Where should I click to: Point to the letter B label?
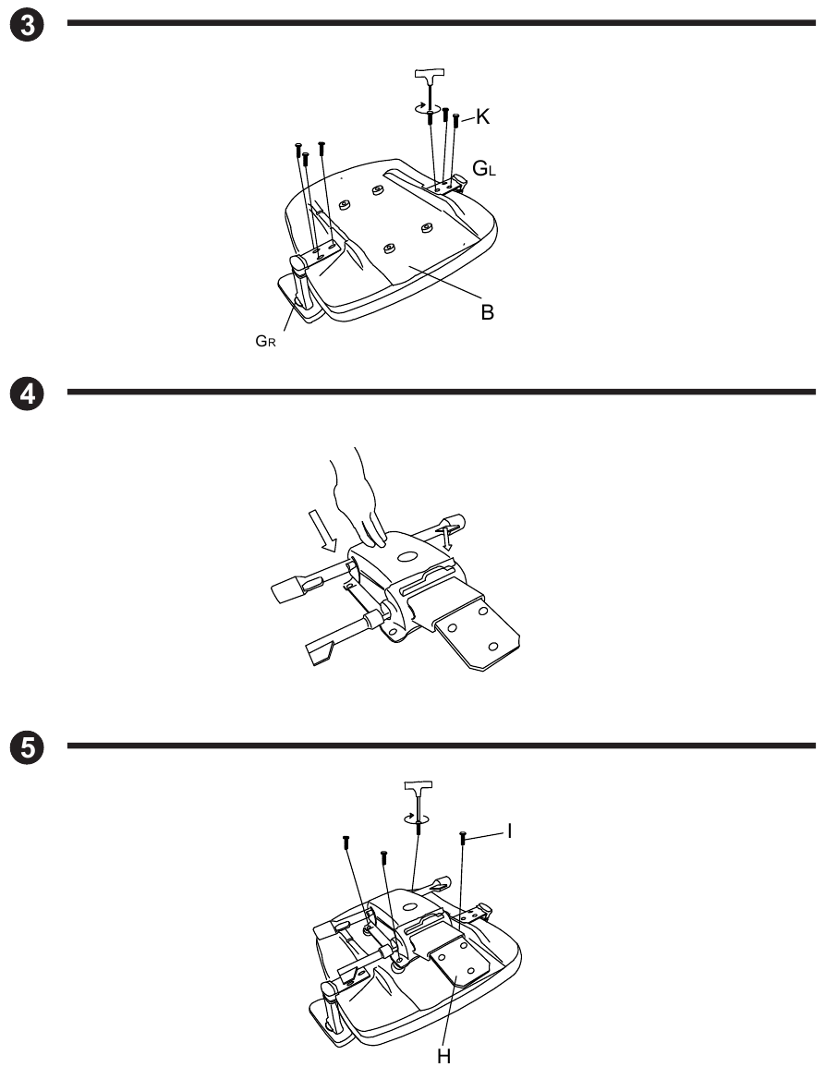click(x=486, y=312)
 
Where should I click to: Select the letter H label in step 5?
click(x=444, y=1056)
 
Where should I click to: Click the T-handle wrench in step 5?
click(x=419, y=793)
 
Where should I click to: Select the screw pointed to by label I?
click(x=462, y=836)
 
